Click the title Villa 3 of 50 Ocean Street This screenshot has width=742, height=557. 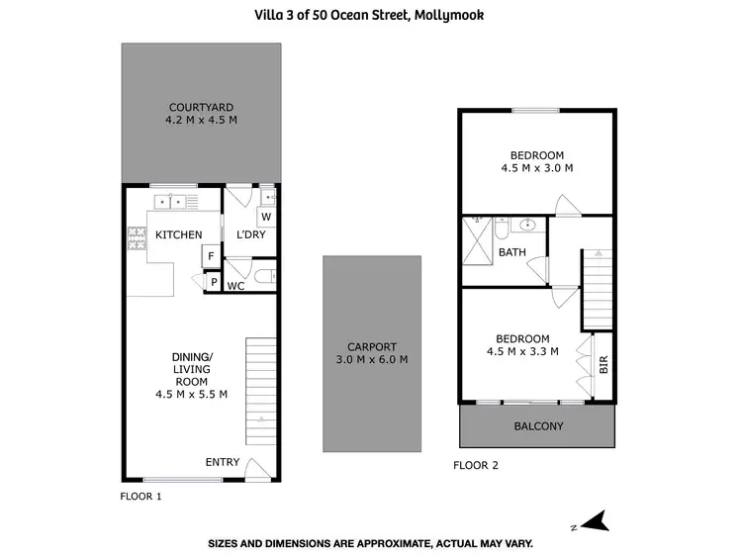(x=371, y=14)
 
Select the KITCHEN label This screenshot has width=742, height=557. (x=179, y=234)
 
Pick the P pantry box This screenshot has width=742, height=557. (x=213, y=283)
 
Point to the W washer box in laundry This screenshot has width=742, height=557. (x=265, y=217)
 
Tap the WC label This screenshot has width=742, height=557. (x=235, y=287)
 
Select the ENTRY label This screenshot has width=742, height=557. (x=222, y=462)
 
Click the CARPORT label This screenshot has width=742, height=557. (x=371, y=347)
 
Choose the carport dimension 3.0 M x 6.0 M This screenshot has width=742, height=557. (x=371, y=360)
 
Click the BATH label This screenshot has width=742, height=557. (x=512, y=252)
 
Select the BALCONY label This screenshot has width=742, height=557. (x=537, y=426)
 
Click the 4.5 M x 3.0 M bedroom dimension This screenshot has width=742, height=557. (x=537, y=168)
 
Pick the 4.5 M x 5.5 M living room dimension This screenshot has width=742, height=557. (x=192, y=394)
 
